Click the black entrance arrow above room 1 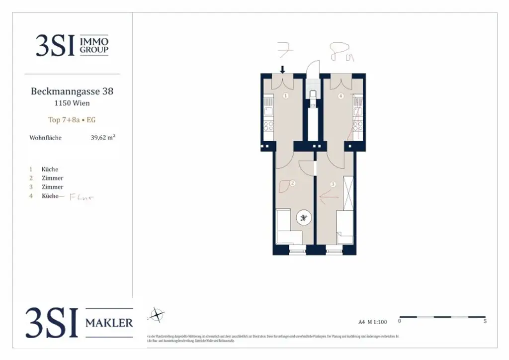tap(283, 69)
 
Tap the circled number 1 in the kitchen tap(286, 96)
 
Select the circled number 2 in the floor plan tap(292, 183)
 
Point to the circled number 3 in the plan tap(333, 184)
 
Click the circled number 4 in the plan tap(340, 96)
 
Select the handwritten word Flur tap(82, 196)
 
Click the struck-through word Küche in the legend tap(50, 196)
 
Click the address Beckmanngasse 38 tap(72, 91)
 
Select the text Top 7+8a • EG tap(72, 120)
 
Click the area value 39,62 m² tap(103, 138)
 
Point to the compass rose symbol tap(157, 314)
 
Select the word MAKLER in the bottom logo tap(109, 323)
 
